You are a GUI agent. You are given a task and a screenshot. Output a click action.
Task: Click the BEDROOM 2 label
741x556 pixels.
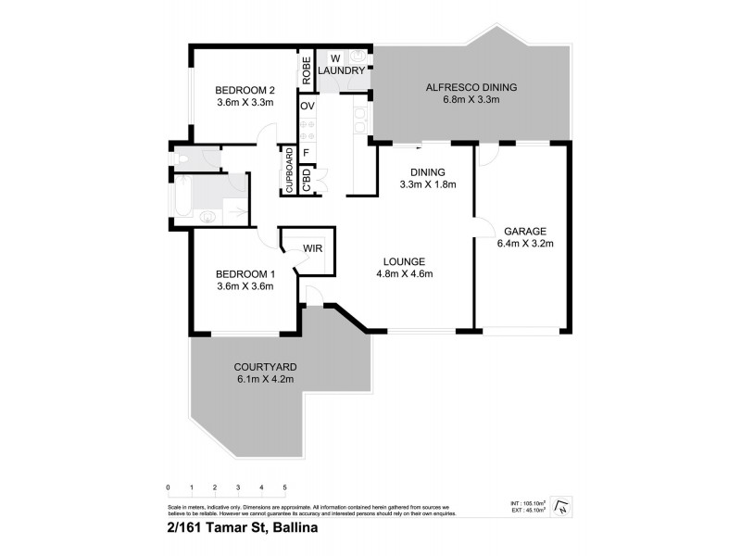pyautogui.click(x=245, y=90)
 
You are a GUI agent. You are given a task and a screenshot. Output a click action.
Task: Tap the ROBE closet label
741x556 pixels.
pyautogui.click(x=304, y=72)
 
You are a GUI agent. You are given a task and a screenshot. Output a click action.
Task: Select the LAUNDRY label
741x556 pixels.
pyautogui.click(x=339, y=70)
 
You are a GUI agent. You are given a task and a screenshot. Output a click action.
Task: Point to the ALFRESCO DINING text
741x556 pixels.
pyautogui.click(x=471, y=88)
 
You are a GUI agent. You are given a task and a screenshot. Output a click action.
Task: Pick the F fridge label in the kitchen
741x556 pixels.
pyautogui.click(x=305, y=152)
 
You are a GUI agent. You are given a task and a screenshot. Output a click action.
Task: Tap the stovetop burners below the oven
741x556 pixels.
pyautogui.click(x=308, y=130)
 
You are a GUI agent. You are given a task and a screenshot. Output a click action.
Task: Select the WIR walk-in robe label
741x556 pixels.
pyautogui.click(x=312, y=247)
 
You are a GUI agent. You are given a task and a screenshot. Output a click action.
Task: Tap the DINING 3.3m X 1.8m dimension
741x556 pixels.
pyautogui.click(x=427, y=184)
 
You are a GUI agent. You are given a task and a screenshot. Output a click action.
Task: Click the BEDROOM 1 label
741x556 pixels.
pyautogui.click(x=245, y=273)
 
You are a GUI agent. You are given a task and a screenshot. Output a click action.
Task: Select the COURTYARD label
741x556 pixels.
pyautogui.click(x=265, y=367)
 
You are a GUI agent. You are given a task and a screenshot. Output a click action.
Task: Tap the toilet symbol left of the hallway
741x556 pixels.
pyautogui.click(x=182, y=159)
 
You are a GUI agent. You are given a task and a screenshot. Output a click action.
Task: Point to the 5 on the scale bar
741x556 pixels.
pyautogui.click(x=284, y=487)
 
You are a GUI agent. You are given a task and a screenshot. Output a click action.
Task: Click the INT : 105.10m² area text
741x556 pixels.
pyautogui.click(x=529, y=501)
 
